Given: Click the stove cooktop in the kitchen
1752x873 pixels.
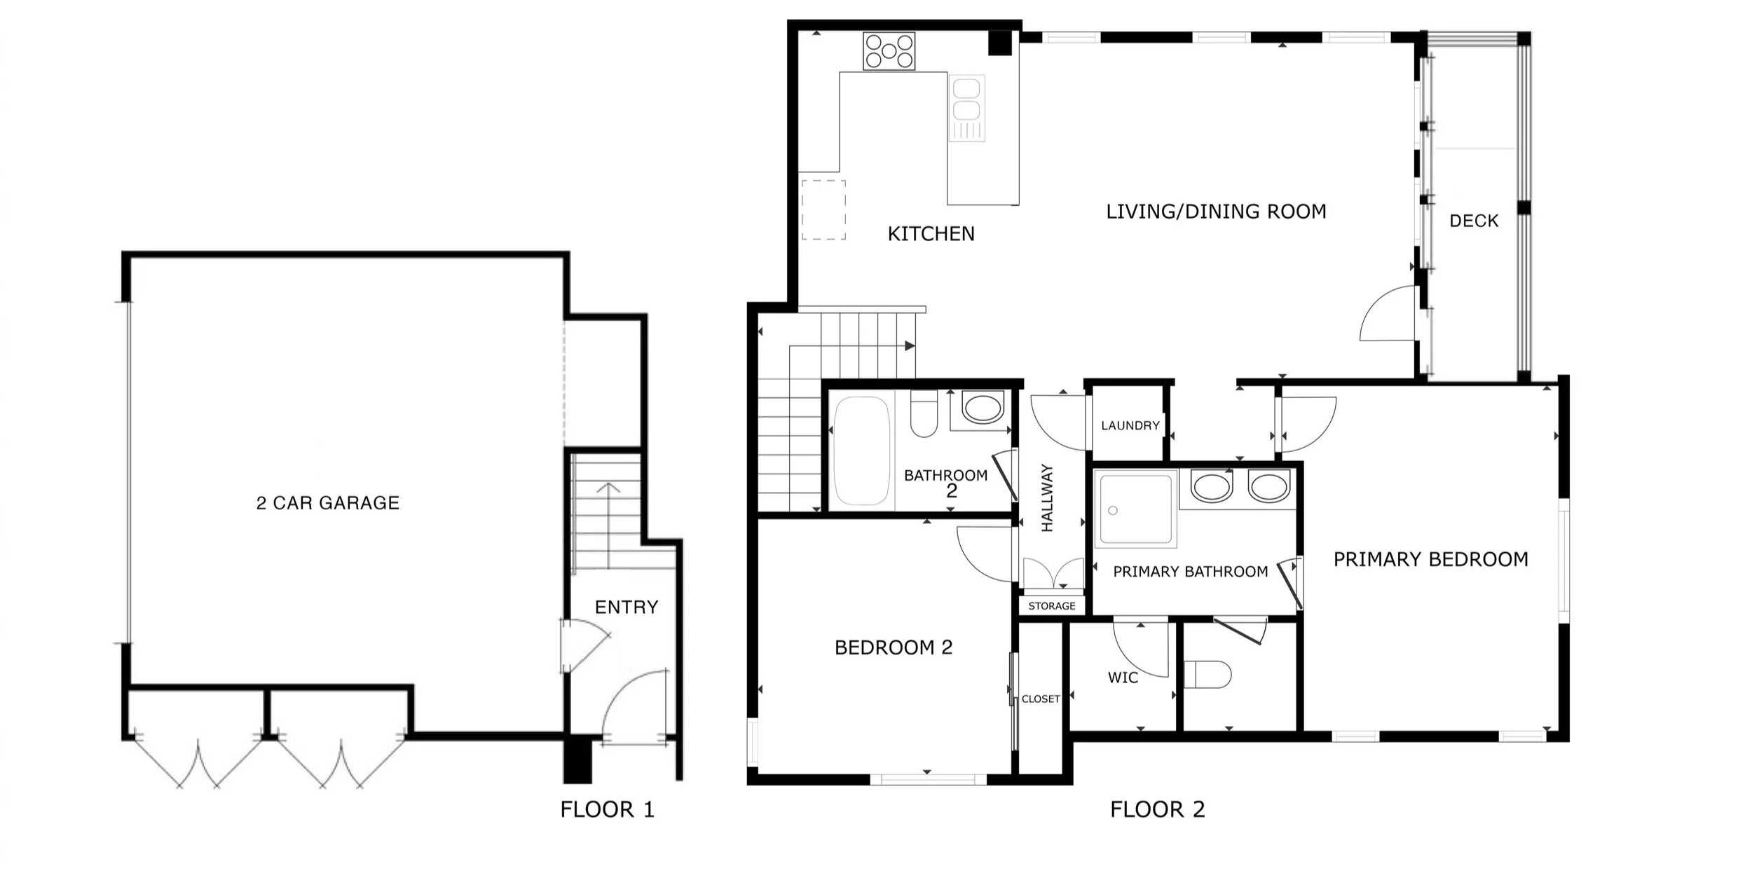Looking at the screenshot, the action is (889, 51).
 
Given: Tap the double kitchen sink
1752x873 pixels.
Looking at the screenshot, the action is (966, 109).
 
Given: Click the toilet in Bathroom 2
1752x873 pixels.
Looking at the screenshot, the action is (924, 413).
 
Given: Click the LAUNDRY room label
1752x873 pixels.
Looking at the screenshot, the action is (1130, 425).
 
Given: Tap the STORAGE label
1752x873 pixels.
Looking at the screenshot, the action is (1051, 606).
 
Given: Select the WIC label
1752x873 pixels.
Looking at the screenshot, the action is (1123, 678).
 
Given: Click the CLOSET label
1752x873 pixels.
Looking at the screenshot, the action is (1041, 699).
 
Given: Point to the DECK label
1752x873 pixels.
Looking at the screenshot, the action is (1474, 221).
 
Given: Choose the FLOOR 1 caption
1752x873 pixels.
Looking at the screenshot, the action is (607, 810).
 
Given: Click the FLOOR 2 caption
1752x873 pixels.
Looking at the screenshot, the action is (1157, 810).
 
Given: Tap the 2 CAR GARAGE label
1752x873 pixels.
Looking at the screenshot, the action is (328, 503).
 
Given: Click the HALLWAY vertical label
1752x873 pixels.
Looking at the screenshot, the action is (1048, 497).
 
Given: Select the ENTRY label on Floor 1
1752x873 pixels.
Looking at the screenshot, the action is (627, 607).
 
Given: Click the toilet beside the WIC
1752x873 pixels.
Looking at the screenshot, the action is (1207, 675).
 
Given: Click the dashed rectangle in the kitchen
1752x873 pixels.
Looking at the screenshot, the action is (823, 210).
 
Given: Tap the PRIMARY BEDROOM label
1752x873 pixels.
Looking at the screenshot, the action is (1430, 560).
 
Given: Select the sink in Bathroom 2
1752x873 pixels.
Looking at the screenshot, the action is (983, 408).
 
